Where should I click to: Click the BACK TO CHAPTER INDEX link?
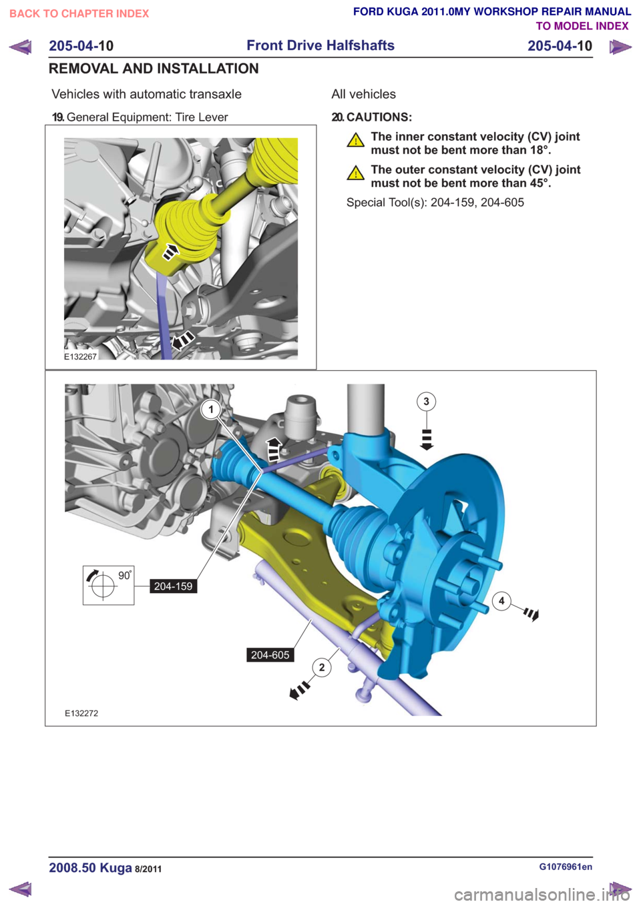[x=79, y=14]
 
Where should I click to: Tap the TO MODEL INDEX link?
[x=582, y=26]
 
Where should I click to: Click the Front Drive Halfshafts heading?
[x=320, y=45]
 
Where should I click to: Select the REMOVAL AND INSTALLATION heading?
[x=154, y=69]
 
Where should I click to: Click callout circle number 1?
[x=211, y=410]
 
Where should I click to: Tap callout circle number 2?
[x=322, y=667]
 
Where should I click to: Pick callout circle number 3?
[x=426, y=402]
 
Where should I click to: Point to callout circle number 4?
[x=502, y=600]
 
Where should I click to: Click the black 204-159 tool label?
[x=173, y=586]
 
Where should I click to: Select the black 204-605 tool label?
[x=270, y=655]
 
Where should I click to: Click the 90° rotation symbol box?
[x=108, y=585]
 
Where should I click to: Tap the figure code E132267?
[x=81, y=356]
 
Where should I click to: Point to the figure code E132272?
[x=81, y=713]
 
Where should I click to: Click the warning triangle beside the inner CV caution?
[x=356, y=140]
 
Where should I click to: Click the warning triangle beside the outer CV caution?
[x=356, y=173]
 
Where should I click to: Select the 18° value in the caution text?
[x=541, y=150]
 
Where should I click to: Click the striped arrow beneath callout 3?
[x=427, y=439]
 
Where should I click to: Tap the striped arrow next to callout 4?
[x=531, y=614]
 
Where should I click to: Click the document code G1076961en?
[x=566, y=867]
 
